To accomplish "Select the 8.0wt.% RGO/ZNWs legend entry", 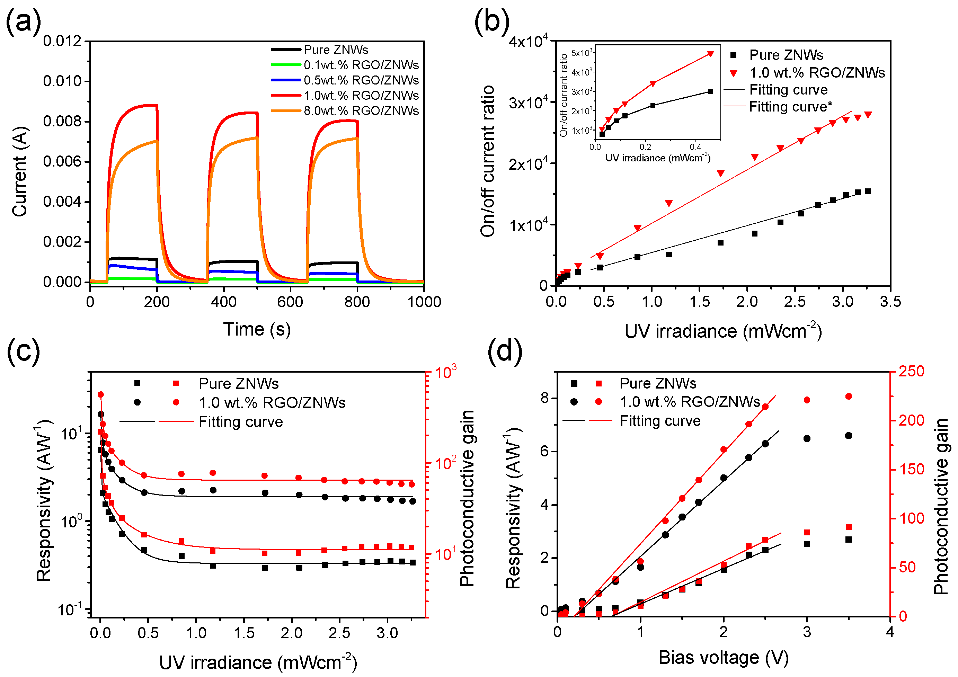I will click(x=361, y=111).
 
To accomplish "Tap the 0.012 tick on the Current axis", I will click(x=62, y=41).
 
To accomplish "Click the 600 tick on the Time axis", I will click(x=290, y=302).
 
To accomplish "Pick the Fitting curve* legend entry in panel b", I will click(x=790, y=107).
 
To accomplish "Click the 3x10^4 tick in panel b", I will click(x=528, y=103).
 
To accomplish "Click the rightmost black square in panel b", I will click(x=868, y=191).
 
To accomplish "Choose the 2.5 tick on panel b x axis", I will click(x=795, y=302).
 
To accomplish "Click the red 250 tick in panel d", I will click(x=911, y=371).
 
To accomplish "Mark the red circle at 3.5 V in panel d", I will click(x=848, y=396).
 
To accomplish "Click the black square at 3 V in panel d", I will click(x=807, y=544).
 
